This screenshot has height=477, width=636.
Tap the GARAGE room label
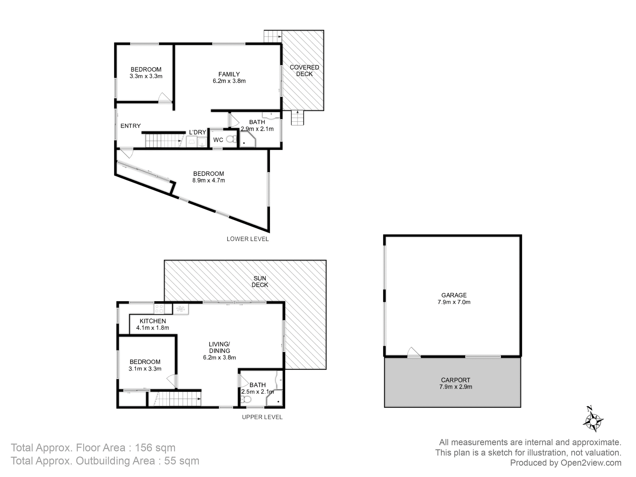[454, 295]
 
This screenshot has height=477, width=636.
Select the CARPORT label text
[456, 380]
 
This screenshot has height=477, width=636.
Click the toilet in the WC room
[231, 139]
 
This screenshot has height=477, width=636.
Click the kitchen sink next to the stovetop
[180, 309]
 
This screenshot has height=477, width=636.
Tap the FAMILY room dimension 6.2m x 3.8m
[229, 81]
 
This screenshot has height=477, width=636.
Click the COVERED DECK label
[304, 70]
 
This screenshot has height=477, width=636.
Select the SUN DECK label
[260, 281]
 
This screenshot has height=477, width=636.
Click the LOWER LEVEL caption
[248, 239]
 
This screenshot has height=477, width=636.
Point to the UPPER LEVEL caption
[262, 417]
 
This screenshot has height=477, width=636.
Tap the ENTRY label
[131, 126]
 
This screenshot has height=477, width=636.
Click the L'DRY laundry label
[198, 132]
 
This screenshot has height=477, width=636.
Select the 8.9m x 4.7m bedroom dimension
[209, 180]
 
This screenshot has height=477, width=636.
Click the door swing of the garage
[413, 352]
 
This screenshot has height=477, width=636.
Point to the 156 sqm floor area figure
[155, 448]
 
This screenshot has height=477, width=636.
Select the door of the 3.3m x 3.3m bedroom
[165, 98]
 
